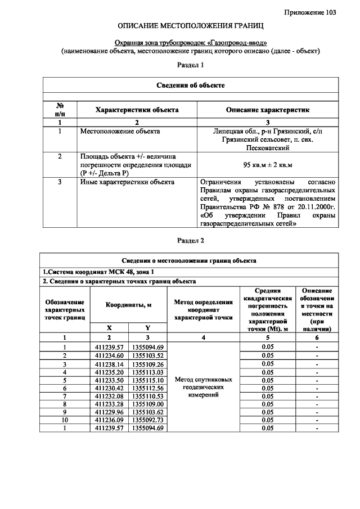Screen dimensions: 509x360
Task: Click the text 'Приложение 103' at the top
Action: (x=310, y=12)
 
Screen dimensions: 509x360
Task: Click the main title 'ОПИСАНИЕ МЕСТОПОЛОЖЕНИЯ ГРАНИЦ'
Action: (x=190, y=26)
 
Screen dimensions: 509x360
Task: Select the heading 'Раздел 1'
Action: (x=190, y=65)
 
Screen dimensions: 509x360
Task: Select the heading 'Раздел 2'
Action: (x=190, y=241)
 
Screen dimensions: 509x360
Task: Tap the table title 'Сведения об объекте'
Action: (x=190, y=85)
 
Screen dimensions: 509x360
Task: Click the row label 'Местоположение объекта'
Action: (x=120, y=132)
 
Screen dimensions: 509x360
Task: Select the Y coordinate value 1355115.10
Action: (x=148, y=380)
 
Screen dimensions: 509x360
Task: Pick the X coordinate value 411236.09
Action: (x=109, y=420)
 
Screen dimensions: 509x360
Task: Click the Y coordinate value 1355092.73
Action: (x=148, y=420)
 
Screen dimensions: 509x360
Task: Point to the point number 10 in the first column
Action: (x=64, y=420)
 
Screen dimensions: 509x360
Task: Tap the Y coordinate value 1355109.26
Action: (x=148, y=363)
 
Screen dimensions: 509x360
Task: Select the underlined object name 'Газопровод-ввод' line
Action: (x=190, y=43)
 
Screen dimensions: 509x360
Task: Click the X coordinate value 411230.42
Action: (x=109, y=388)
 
